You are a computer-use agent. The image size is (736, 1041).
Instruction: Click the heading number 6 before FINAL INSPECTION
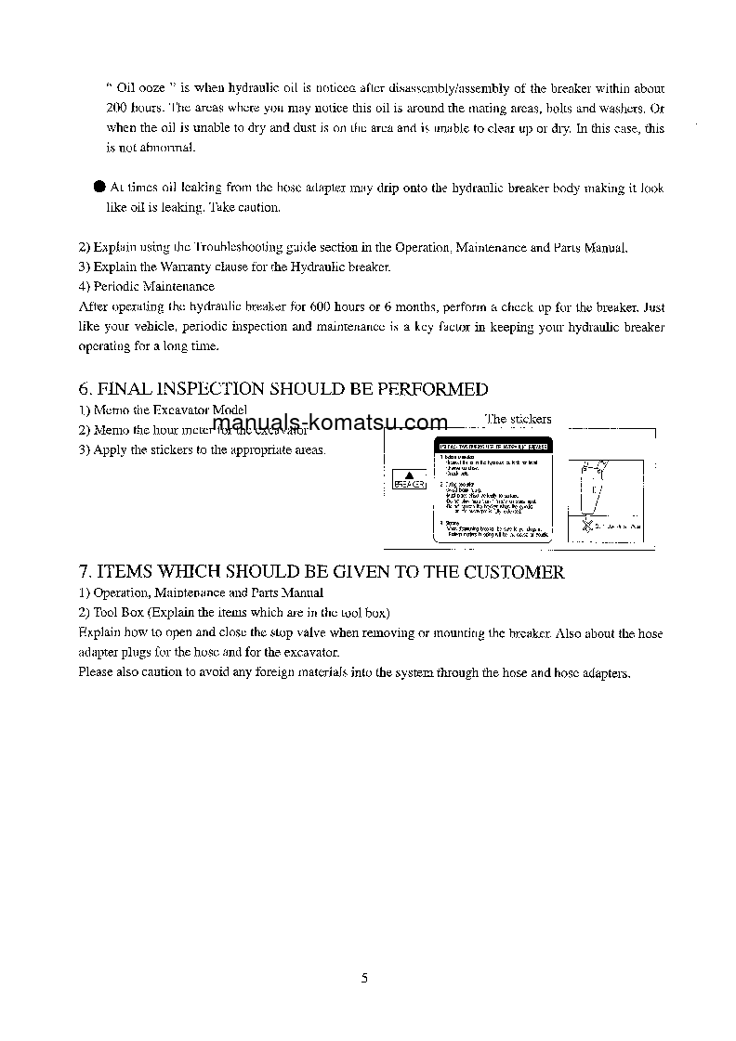(84, 389)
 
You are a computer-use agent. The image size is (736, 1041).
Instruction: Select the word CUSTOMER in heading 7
(515, 572)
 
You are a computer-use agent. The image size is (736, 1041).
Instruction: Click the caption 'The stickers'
(518, 419)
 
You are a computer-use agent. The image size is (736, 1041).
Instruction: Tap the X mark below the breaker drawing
(586, 527)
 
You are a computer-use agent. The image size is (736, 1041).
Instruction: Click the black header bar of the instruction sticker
(493, 448)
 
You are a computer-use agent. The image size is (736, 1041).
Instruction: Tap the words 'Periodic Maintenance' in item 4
(153, 286)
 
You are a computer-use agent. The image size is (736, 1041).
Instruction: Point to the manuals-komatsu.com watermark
(330, 424)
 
